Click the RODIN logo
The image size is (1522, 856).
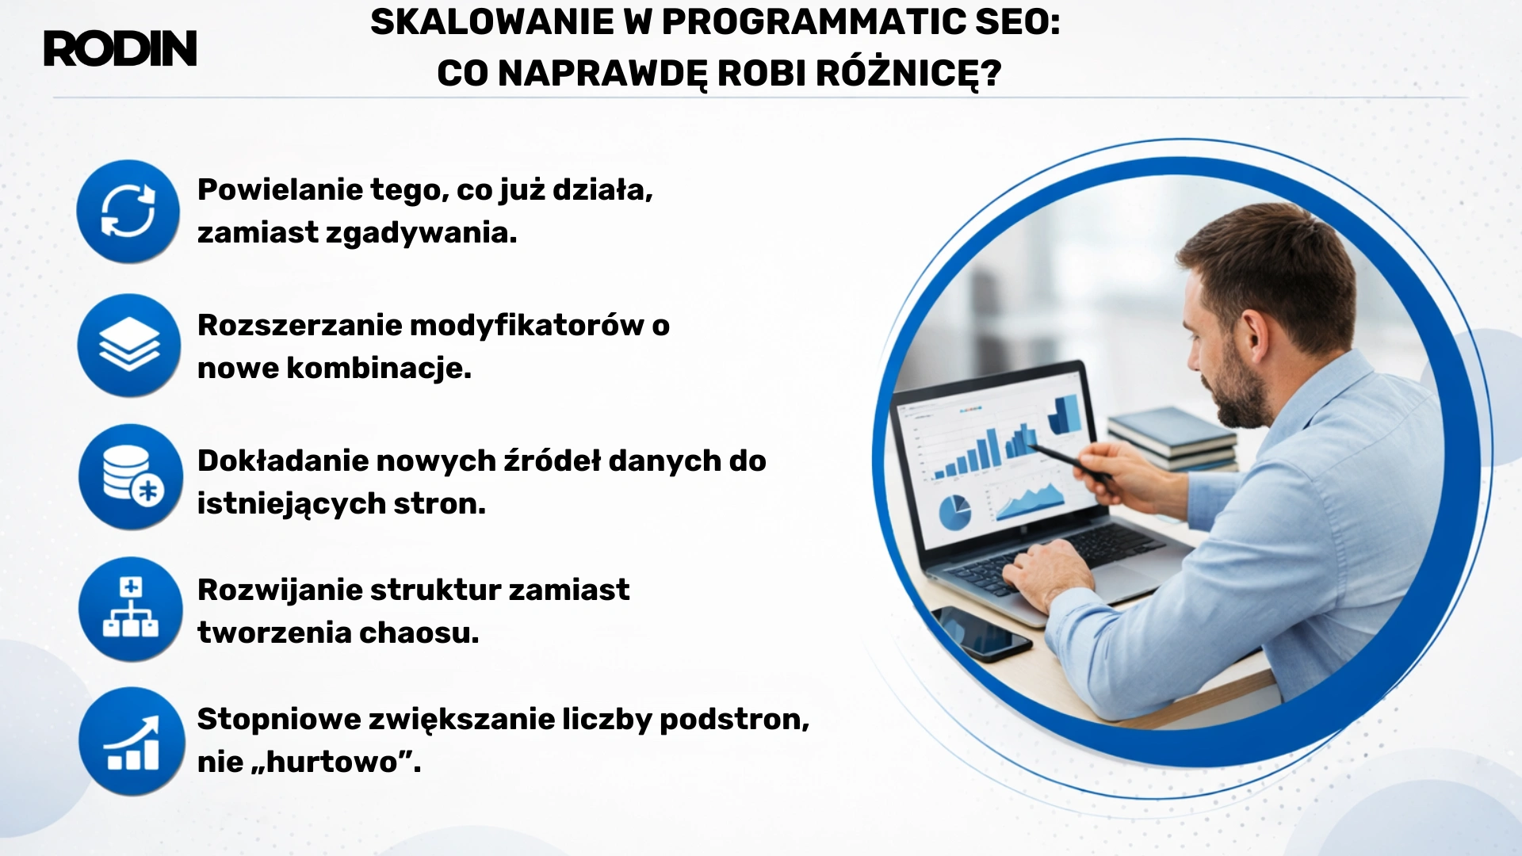(x=120, y=49)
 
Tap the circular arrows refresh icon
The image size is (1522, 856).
(x=128, y=212)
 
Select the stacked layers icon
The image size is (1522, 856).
(x=129, y=346)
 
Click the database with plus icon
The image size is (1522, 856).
(x=131, y=477)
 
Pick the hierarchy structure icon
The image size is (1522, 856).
(x=131, y=609)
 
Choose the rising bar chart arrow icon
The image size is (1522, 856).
(x=132, y=742)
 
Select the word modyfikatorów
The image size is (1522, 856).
(x=527, y=326)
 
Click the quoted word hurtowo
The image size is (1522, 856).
(x=332, y=762)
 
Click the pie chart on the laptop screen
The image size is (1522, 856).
(x=954, y=513)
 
